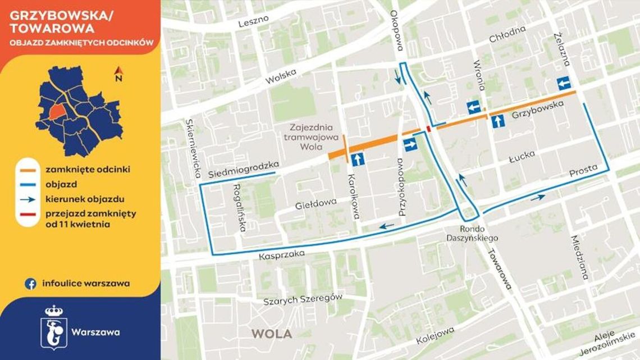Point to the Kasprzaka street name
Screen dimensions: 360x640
(x=282, y=255)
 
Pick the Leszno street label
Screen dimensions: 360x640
(x=254, y=21)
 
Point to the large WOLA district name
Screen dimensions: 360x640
(x=271, y=334)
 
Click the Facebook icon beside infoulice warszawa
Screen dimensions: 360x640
(x=31, y=284)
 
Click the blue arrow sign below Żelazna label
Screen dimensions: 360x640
(x=563, y=83)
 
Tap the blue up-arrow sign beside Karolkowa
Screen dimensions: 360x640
(x=359, y=160)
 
